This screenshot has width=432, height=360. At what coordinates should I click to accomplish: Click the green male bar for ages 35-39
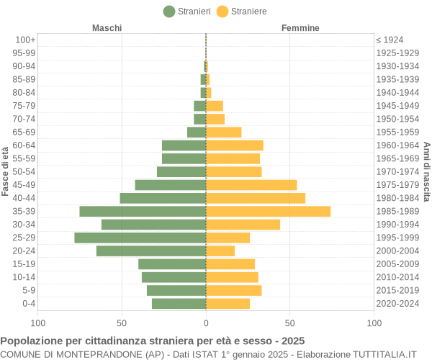(x=143, y=211)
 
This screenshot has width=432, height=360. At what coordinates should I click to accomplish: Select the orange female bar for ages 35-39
(x=268, y=211)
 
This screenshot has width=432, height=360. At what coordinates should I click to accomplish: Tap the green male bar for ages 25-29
(x=140, y=238)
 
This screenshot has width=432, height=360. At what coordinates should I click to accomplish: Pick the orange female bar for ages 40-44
(x=256, y=198)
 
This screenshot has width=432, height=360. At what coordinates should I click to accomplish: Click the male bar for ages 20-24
(x=151, y=251)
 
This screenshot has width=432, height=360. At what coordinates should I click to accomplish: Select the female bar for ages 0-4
(x=228, y=303)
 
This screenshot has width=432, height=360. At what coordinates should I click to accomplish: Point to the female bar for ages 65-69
(x=223, y=132)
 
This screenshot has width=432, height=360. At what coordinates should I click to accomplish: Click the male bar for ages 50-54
(x=181, y=171)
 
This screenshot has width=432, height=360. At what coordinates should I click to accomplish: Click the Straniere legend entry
(x=241, y=12)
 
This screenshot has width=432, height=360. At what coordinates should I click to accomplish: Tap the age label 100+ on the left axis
(x=25, y=40)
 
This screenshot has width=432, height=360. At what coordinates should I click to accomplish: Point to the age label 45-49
(x=24, y=185)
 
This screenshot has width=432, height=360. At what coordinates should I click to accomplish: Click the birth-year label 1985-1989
(x=397, y=211)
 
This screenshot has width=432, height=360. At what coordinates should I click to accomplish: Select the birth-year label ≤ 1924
(x=390, y=40)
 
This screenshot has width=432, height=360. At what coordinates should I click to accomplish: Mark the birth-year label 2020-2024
(x=397, y=303)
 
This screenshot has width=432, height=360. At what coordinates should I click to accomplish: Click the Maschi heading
(x=107, y=28)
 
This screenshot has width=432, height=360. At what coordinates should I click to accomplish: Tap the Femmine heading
(x=300, y=28)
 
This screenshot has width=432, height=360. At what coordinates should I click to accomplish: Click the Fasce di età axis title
(x=6, y=171)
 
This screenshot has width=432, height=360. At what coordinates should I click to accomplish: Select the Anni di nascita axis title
(x=426, y=171)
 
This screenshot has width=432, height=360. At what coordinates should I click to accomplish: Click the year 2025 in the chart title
(x=292, y=341)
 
